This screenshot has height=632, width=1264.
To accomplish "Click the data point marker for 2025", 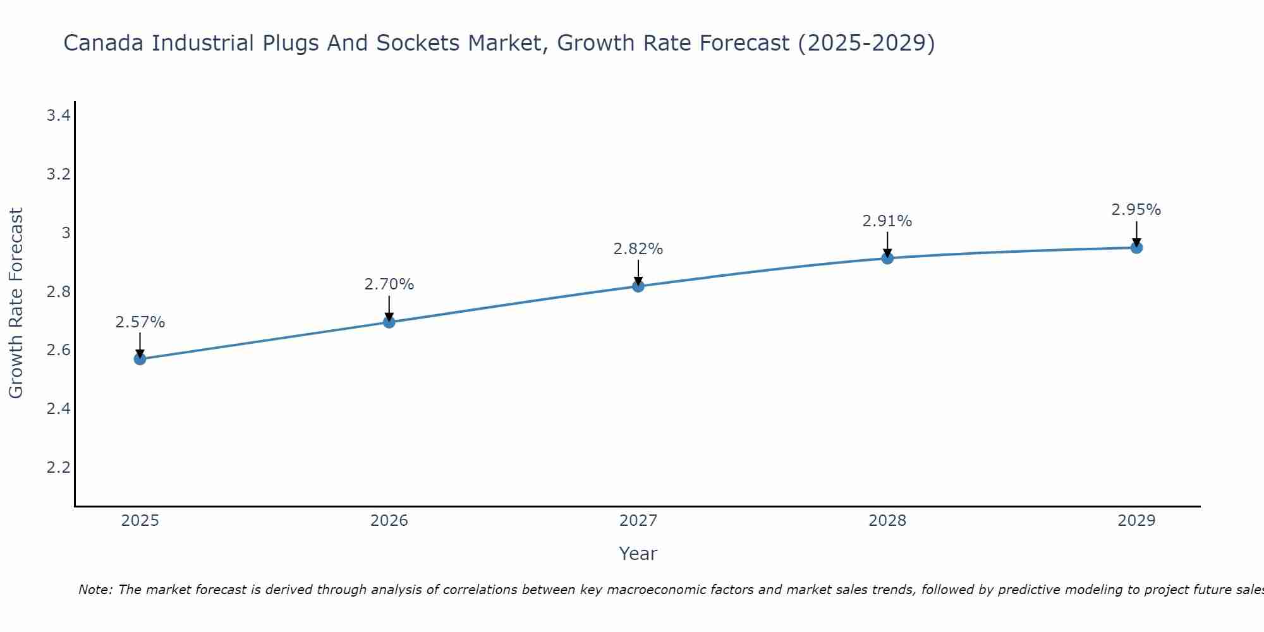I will tap(140, 359).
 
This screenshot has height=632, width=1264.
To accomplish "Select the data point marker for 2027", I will tap(638, 286).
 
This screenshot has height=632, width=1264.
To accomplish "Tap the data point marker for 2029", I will tap(1136, 248).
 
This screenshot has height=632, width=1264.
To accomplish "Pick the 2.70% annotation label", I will tap(389, 284).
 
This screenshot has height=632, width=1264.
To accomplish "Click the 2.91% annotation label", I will tap(887, 221).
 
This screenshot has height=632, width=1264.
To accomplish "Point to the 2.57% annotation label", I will tap(140, 322).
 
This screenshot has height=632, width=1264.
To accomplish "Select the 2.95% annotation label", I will tap(1136, 210).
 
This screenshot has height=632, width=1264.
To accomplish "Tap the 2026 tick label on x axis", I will tap(389, 521).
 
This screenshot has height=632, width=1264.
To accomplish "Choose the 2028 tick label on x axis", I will tap(887, 521).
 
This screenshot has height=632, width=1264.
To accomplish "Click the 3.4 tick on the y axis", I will tap(58, 116).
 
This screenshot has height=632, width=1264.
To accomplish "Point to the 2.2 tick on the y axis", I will tap(58, 468).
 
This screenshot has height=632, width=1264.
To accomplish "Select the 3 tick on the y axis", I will tap(66, 233).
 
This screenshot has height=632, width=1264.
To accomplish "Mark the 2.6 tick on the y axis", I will tap(58, 350).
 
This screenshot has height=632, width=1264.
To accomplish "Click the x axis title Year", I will tap(638, 554).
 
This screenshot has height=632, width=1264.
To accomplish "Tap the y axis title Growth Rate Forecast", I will tap(16, 303).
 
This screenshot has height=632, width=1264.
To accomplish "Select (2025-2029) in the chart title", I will tap(866, 44).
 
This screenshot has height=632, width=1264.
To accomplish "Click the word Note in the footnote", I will tap(94, 590).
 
